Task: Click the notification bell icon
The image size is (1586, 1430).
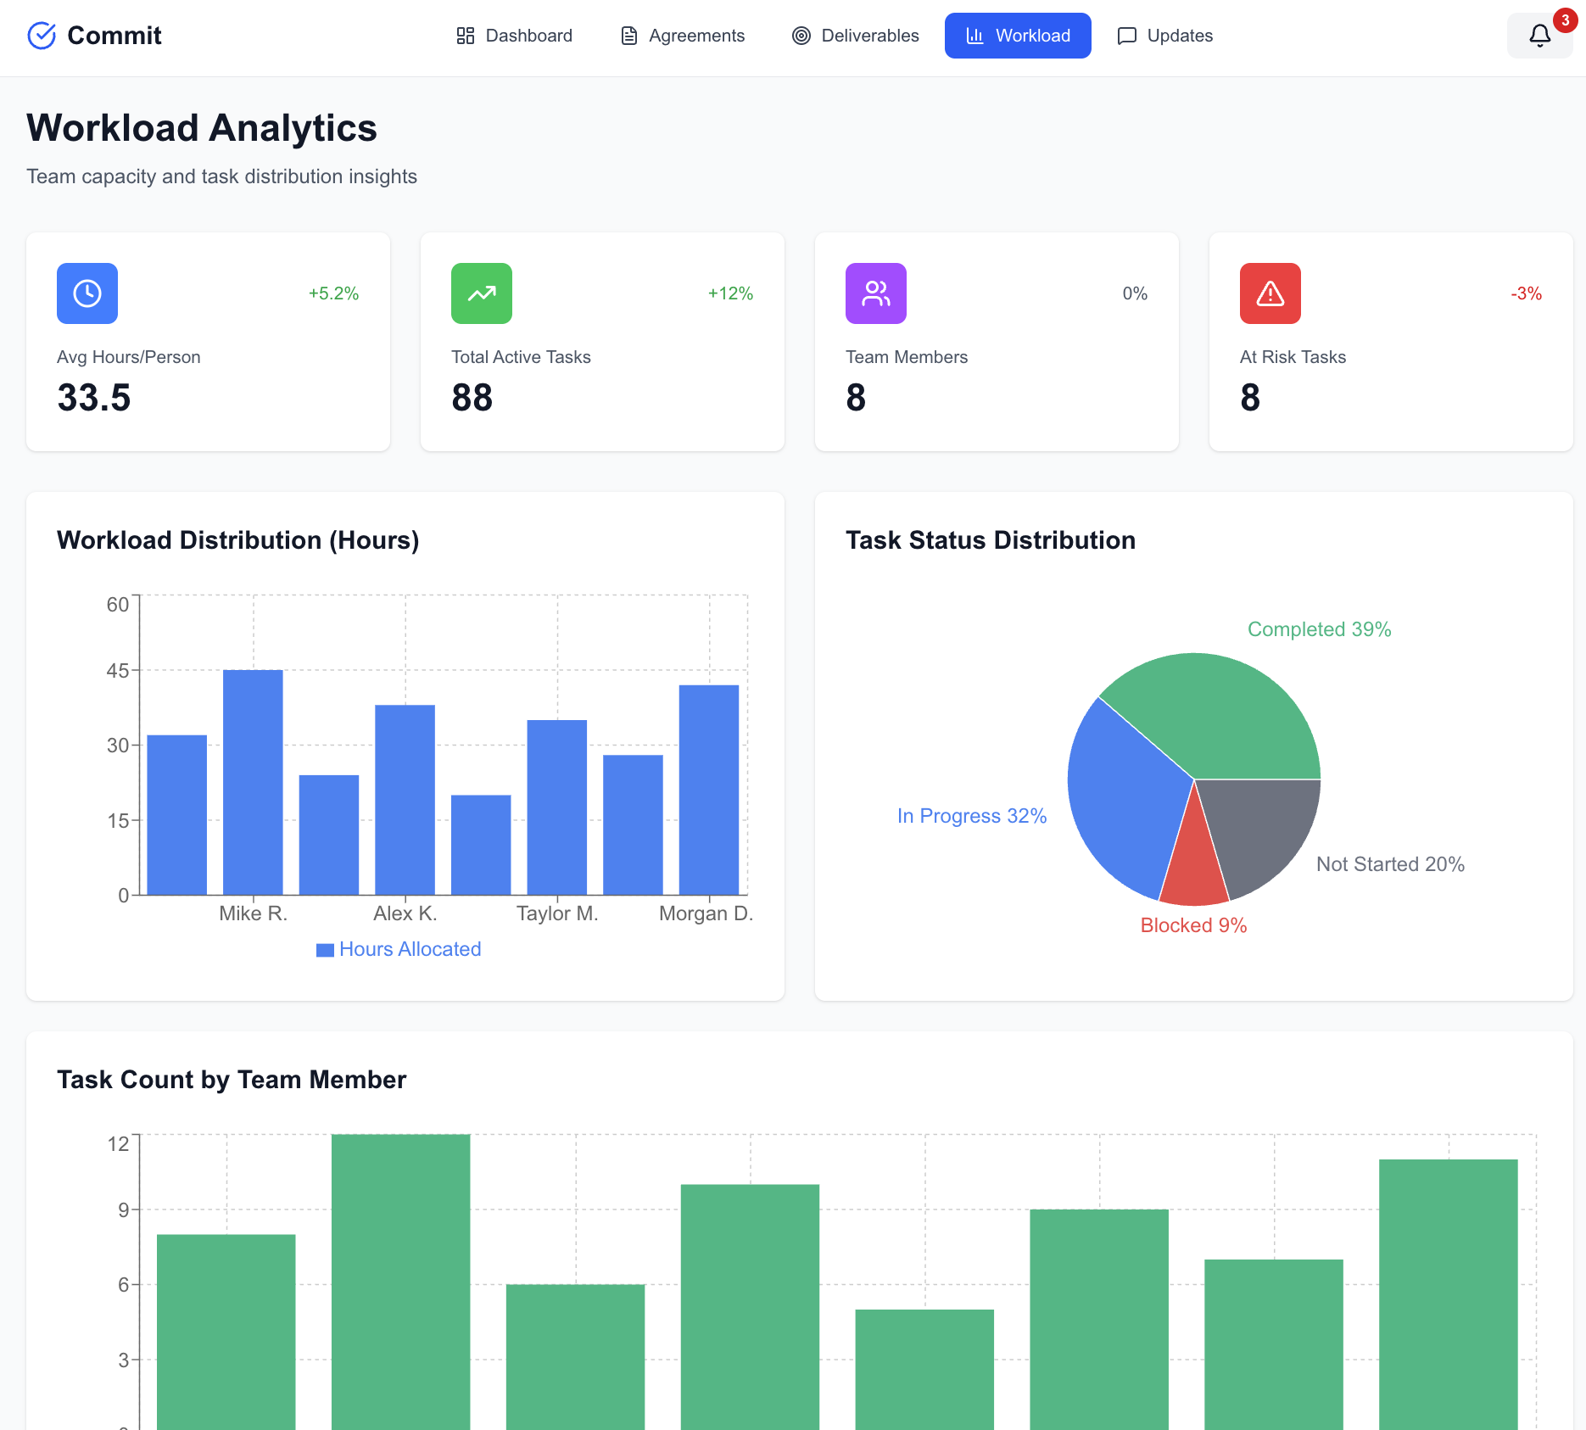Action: point(1539,36)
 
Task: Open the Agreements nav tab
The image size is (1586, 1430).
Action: point(683,36)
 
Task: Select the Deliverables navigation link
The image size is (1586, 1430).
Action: point(855,36)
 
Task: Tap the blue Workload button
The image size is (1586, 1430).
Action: point(1018,36)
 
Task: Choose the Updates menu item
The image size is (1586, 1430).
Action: point(1165,36)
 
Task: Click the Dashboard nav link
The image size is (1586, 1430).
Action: point(514,36)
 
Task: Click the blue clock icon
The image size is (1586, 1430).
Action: point(87,293)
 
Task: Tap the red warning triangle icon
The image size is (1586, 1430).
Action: point(1270,293)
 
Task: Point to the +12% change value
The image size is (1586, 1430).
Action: point(730,293)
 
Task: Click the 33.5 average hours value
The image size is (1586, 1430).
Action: point(94,398)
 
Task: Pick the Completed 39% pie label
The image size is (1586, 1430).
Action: point(1319,629)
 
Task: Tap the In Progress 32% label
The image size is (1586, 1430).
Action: point(972,816)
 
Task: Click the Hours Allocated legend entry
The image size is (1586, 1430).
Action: point(399,949)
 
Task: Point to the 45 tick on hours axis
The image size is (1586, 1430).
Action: point(118,671)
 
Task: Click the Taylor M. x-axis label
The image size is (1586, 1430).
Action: point(557,913)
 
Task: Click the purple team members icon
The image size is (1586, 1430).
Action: point(875,293)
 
